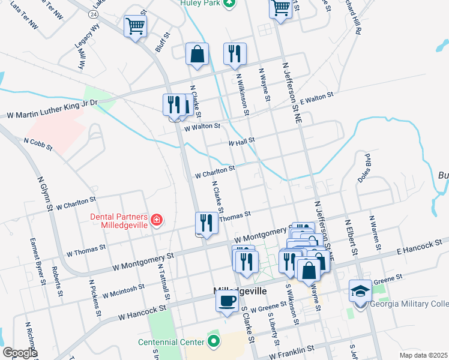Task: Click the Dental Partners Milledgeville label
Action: [x=119, y=221]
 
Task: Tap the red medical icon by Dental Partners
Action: [x=157, y=220]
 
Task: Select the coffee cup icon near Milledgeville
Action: [x=226, y=301]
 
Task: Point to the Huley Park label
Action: [x=199, y=4]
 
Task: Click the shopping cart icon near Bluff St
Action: [x=136, y=26]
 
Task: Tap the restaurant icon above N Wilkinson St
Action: [x=235, y=53]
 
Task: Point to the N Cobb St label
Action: [x=38, y=143]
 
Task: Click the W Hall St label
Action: [x=242, y=142]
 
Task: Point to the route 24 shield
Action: [x=92, y=13]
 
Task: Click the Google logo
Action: [x=20, y=352]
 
